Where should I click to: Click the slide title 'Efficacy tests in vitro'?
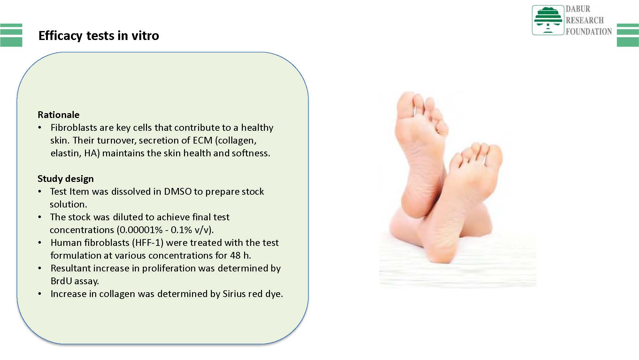[99, 35]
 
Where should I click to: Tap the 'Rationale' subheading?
[58, 115]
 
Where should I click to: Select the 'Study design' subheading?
[65, 179]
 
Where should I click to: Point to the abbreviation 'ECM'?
[203, 140]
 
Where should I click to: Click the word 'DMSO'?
[178, 192]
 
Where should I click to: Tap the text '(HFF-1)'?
[148, 243]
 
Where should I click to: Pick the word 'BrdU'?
[61, 281]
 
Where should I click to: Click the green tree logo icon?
[548, 20]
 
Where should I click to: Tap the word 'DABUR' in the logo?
[578, 9]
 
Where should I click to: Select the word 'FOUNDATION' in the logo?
[589, 32]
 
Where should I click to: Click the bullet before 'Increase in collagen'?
[40, 294]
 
